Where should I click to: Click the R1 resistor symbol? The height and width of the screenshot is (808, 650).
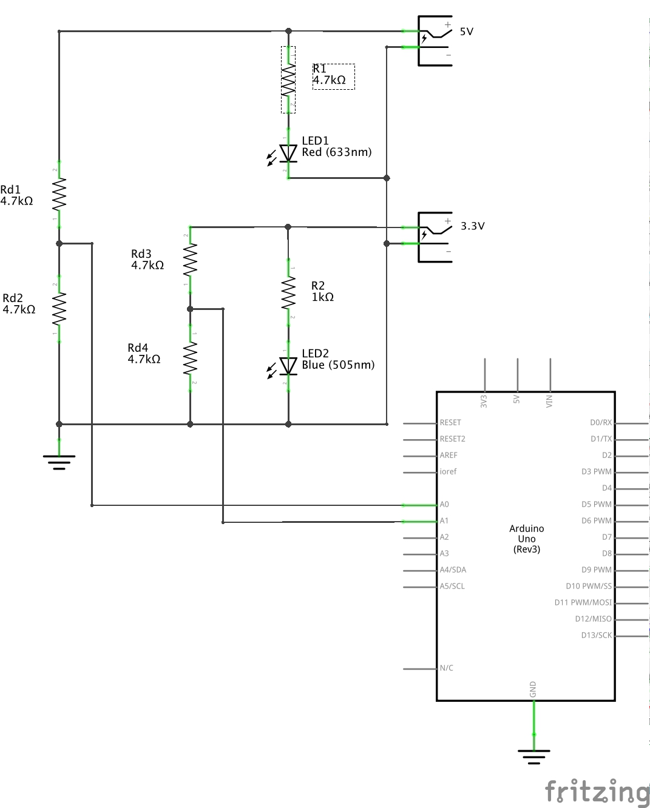[288, 79]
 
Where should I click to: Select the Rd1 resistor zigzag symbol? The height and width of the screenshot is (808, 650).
[59, 195]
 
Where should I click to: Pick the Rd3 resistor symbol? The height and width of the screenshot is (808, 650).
[190, 260]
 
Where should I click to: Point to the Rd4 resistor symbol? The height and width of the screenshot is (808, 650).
[190, 358]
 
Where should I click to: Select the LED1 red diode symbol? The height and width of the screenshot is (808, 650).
[288, 153]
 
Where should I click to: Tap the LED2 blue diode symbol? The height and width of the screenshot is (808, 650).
[288, 366]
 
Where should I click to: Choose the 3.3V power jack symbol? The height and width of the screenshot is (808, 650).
[435, 237]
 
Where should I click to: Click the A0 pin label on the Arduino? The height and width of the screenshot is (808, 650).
[444, 505]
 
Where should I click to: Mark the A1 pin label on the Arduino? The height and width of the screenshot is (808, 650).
[444, 521]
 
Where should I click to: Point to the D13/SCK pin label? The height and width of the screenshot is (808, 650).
[596, 635]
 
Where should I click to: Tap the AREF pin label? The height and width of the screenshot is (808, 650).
[449, 456]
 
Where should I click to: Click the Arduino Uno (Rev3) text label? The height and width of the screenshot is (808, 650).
[526, 539]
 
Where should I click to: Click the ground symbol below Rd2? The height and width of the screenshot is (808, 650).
[59, 462]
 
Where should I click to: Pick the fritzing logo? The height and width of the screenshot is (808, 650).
[597, 792]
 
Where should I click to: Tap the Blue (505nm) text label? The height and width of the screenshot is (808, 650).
[338, 365]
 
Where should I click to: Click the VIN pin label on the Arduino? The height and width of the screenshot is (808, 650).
[549, 401]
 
